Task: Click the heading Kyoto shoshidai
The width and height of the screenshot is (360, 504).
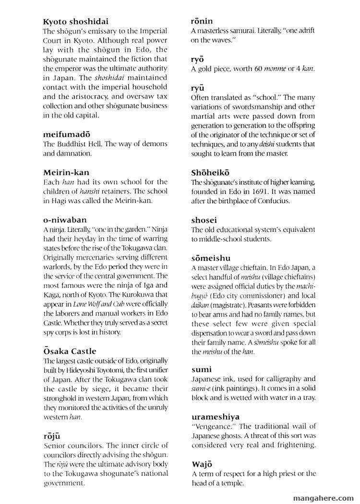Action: [75, 21]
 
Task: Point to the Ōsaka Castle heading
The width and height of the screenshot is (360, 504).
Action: [69, 351]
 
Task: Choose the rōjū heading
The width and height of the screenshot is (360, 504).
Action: [51, 436]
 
